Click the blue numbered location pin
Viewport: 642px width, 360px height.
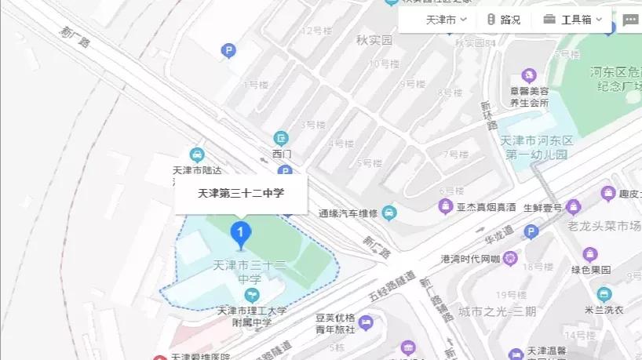tap(241, 232)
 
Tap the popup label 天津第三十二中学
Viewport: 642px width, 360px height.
tap(241, 193)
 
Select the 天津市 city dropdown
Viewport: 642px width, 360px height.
tap(445, 20)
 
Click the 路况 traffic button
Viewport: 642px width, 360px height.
tap(503, 20)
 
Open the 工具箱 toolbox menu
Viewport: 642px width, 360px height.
tap(574, 20)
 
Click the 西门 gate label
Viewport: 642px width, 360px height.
tap(281, 154)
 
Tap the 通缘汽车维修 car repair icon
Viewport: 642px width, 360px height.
tap(389, 213)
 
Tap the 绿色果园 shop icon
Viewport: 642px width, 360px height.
tap(590, 254)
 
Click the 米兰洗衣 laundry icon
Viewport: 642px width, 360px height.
tap(604, 295)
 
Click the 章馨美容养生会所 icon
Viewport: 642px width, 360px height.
tap(528, 76)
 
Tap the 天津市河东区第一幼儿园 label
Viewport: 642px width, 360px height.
tap(538, 147)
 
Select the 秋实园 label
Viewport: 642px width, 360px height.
tap(374, 38)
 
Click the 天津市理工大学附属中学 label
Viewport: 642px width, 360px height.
tap(252, 316)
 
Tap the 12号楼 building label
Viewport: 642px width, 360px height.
tap(317, 31)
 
